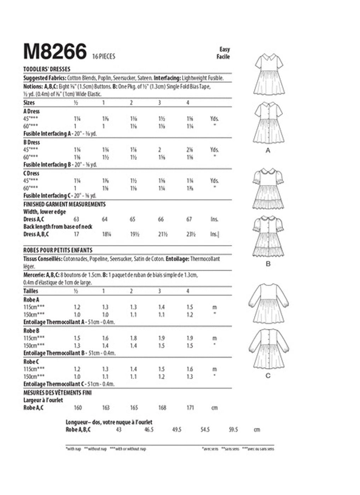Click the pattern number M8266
coord(55,52)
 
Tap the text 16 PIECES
coord(104,57)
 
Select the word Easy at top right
coord(224,49)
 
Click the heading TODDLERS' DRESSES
coord(47,69)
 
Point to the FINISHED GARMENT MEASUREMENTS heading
coord(64,204)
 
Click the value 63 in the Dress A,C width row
coord(76,220)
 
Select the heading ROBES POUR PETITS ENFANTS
coord(58,250)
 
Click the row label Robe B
coord(31,331)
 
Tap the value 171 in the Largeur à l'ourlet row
coord(190,408)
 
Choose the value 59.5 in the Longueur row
coord(233,430)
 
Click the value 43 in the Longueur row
coord(118,430)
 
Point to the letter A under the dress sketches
coord(268,151)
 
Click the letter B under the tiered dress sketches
coord(268,264)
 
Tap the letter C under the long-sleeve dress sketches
coord(268,375)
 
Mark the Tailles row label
coord(31,291)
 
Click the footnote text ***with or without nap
coord(128,449)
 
